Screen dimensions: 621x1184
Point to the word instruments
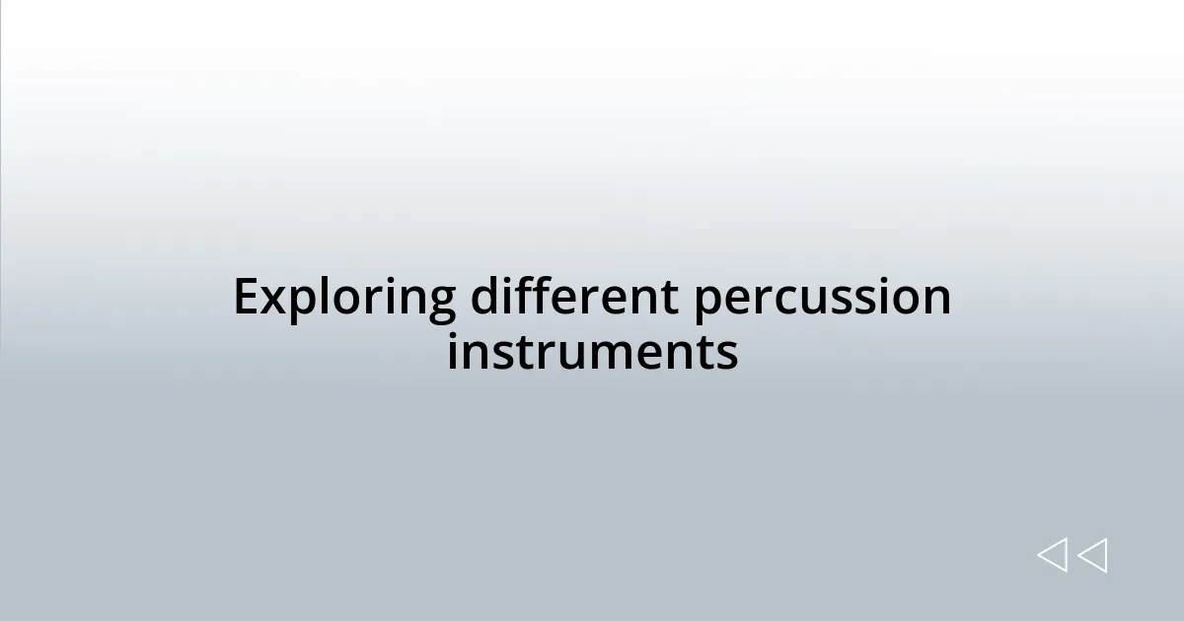point(592,352)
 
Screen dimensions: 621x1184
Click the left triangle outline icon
point(1052,555)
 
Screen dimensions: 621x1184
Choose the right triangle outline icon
point(1092,555)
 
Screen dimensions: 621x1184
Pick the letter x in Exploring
point(273,300)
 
